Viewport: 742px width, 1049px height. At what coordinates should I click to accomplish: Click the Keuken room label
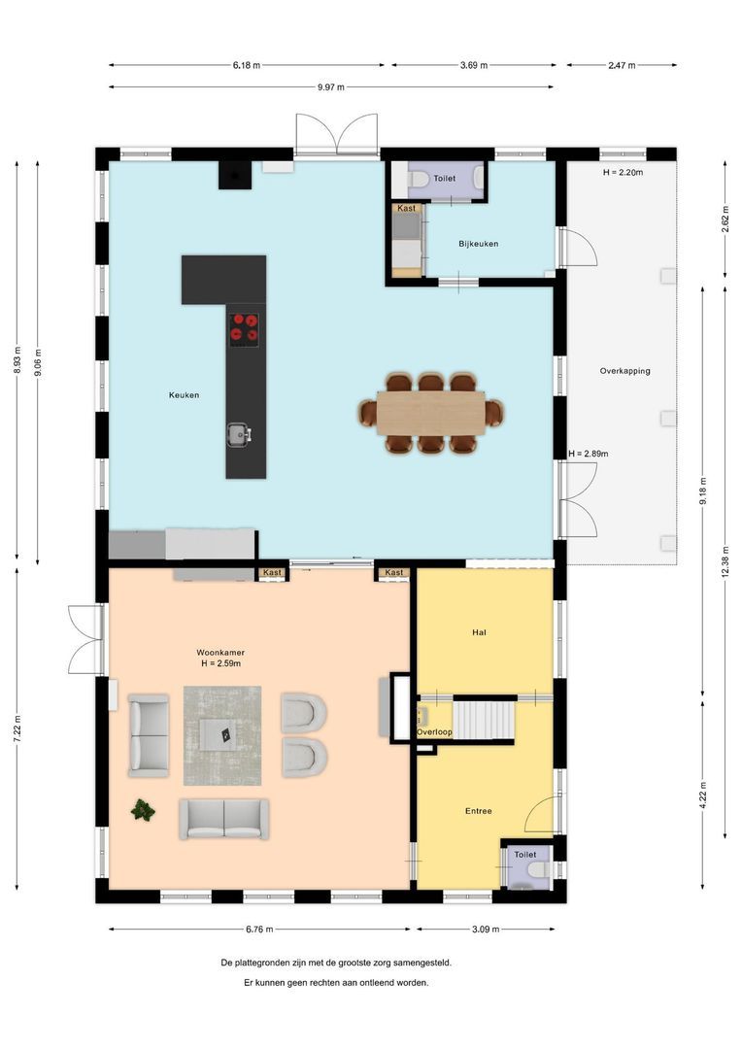tap(184, 395)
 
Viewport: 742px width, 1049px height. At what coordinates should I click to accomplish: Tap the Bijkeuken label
tap(478, 244)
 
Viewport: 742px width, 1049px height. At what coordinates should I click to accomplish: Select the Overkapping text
tap(624, 371)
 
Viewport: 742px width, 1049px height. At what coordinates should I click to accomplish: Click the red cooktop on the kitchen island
tap(244, 328)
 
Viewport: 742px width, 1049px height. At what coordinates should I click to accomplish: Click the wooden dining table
tap(431, 413)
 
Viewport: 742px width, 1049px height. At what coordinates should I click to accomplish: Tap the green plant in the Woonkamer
tap(144, 809)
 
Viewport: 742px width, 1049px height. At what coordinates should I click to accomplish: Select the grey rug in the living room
tap(222, 735)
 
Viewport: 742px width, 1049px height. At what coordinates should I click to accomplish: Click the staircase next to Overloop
tap(483, 721)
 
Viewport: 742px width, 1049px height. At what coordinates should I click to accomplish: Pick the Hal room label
tap(479, 632)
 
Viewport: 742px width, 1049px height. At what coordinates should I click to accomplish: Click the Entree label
tap(478, 811)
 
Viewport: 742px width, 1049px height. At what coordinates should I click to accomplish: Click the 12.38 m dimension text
tap(725, 559)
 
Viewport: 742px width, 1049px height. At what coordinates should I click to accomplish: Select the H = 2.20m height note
tap(623, 172)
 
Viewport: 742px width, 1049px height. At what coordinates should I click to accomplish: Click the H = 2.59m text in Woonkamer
tap(220, 663)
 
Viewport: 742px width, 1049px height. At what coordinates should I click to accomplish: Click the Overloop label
tap(434, 732)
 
